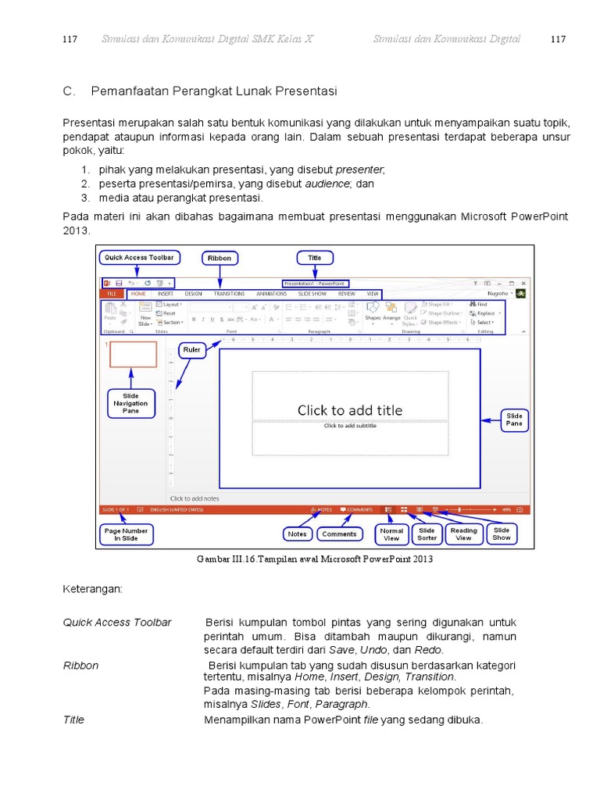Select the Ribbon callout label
[220, 258]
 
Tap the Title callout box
[314, 257]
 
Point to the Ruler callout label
[192, 350]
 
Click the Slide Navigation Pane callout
[130, 404]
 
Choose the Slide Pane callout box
[514, 420]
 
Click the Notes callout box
[297, 534]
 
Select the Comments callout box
[339, 534]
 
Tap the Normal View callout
[391, 534]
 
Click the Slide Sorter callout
[427, 534]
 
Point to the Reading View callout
[463, 534]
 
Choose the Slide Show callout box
[502, 534]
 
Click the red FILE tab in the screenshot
[112, 294]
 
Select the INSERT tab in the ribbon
[165, 294]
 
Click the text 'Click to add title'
[350, 410]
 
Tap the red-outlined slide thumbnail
[133, 354]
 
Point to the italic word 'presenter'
[359, 170]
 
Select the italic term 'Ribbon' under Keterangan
[81, 666]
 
